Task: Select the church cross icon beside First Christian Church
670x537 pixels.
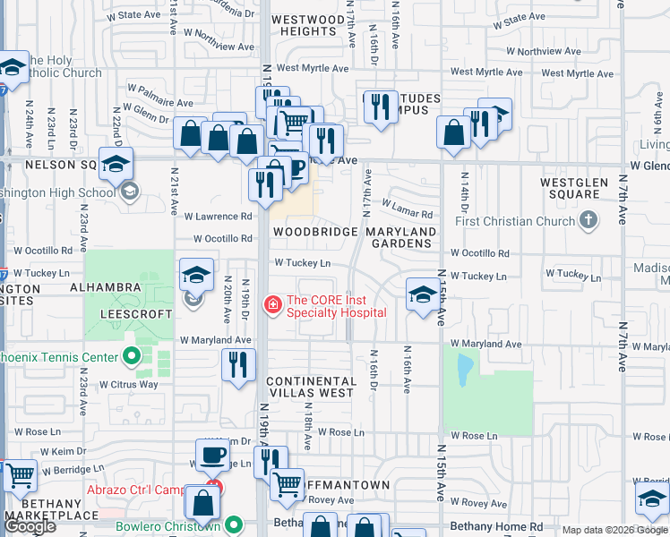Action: pos(588,219)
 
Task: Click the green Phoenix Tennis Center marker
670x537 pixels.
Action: pos(132,357)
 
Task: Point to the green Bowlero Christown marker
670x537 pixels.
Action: pos(235,525)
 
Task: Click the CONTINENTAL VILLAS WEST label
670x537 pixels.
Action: pos(311,387)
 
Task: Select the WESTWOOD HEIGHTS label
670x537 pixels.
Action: pos(303,25)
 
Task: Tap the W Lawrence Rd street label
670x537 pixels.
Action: pos(218,217)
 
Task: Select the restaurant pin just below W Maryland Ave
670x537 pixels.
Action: pos(238,365)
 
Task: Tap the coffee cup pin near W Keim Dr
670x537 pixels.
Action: pos(212,456)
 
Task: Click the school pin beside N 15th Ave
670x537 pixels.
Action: pos(423,294)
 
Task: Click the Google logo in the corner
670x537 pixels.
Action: pos(30,526)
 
